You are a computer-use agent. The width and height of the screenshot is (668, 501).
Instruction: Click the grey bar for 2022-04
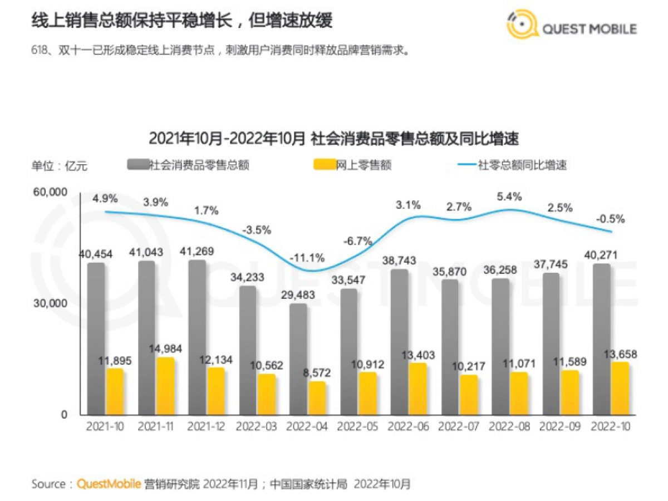298,359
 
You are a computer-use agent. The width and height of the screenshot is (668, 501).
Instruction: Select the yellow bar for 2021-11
165,386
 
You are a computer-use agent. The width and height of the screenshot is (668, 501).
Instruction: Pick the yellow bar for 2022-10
620,389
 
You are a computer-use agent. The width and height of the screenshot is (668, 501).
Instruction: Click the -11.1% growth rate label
307,258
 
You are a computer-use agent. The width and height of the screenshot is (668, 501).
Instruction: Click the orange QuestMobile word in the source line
109,484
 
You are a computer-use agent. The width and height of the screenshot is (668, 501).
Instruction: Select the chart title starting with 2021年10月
333,138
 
